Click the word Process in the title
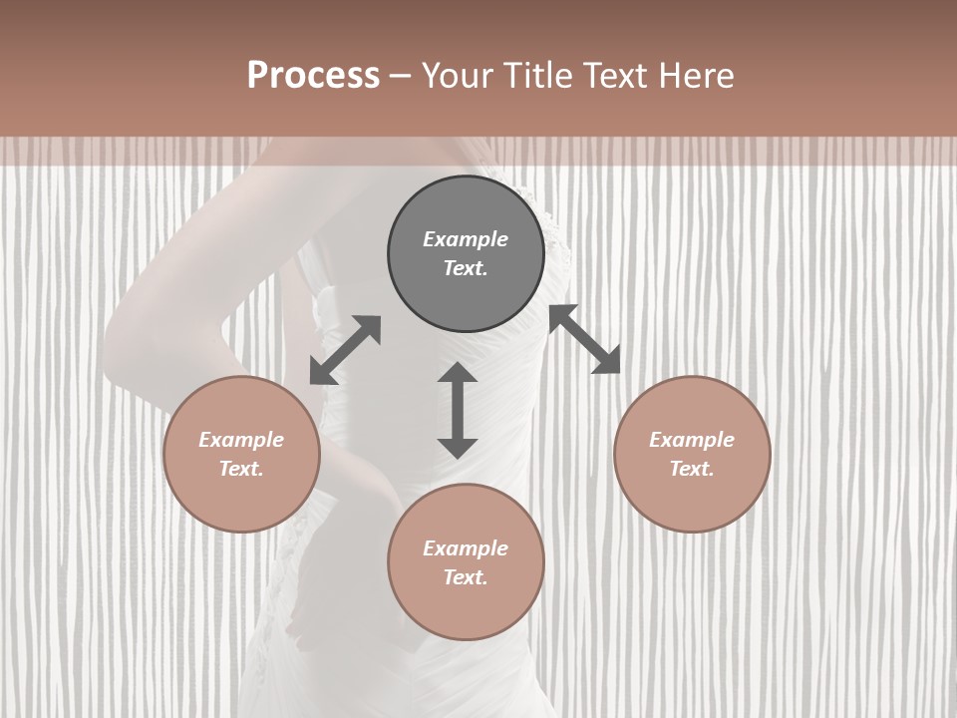pos(313,76)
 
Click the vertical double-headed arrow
pos(458,410)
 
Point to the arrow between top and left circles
pos(345,350)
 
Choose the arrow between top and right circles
pos(585,339)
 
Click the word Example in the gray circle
pos(466,239)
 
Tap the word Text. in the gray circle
pos(466,268)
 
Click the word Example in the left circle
pos(241,440)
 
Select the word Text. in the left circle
pos(241,469)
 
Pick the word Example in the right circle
pos(692,440)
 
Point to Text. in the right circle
pos(692,469)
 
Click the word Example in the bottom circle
pos(466,548)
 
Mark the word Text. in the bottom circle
pos(466,577)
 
